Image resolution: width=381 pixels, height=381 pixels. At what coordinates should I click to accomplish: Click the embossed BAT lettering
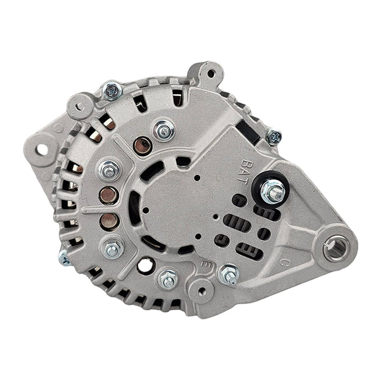pos(248,166)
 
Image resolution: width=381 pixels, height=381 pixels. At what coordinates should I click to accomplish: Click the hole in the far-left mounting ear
pos(41,150)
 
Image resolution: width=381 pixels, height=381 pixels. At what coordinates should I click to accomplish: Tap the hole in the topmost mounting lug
pos(211,73)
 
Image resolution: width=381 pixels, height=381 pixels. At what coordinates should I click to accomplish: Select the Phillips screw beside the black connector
pos(274,136)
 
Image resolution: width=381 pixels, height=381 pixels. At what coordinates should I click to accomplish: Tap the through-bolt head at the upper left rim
pos(112,90)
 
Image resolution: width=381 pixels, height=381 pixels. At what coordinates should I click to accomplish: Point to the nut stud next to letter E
pos(229,274)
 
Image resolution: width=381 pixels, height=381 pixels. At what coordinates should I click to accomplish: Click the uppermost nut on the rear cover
pos(163,130)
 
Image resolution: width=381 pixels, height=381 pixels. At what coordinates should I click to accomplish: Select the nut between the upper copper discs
pos(109,169)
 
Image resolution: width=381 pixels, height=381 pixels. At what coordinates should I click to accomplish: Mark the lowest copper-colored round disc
pos(109,220)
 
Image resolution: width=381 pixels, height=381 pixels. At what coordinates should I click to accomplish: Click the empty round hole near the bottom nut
pos(145,265)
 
